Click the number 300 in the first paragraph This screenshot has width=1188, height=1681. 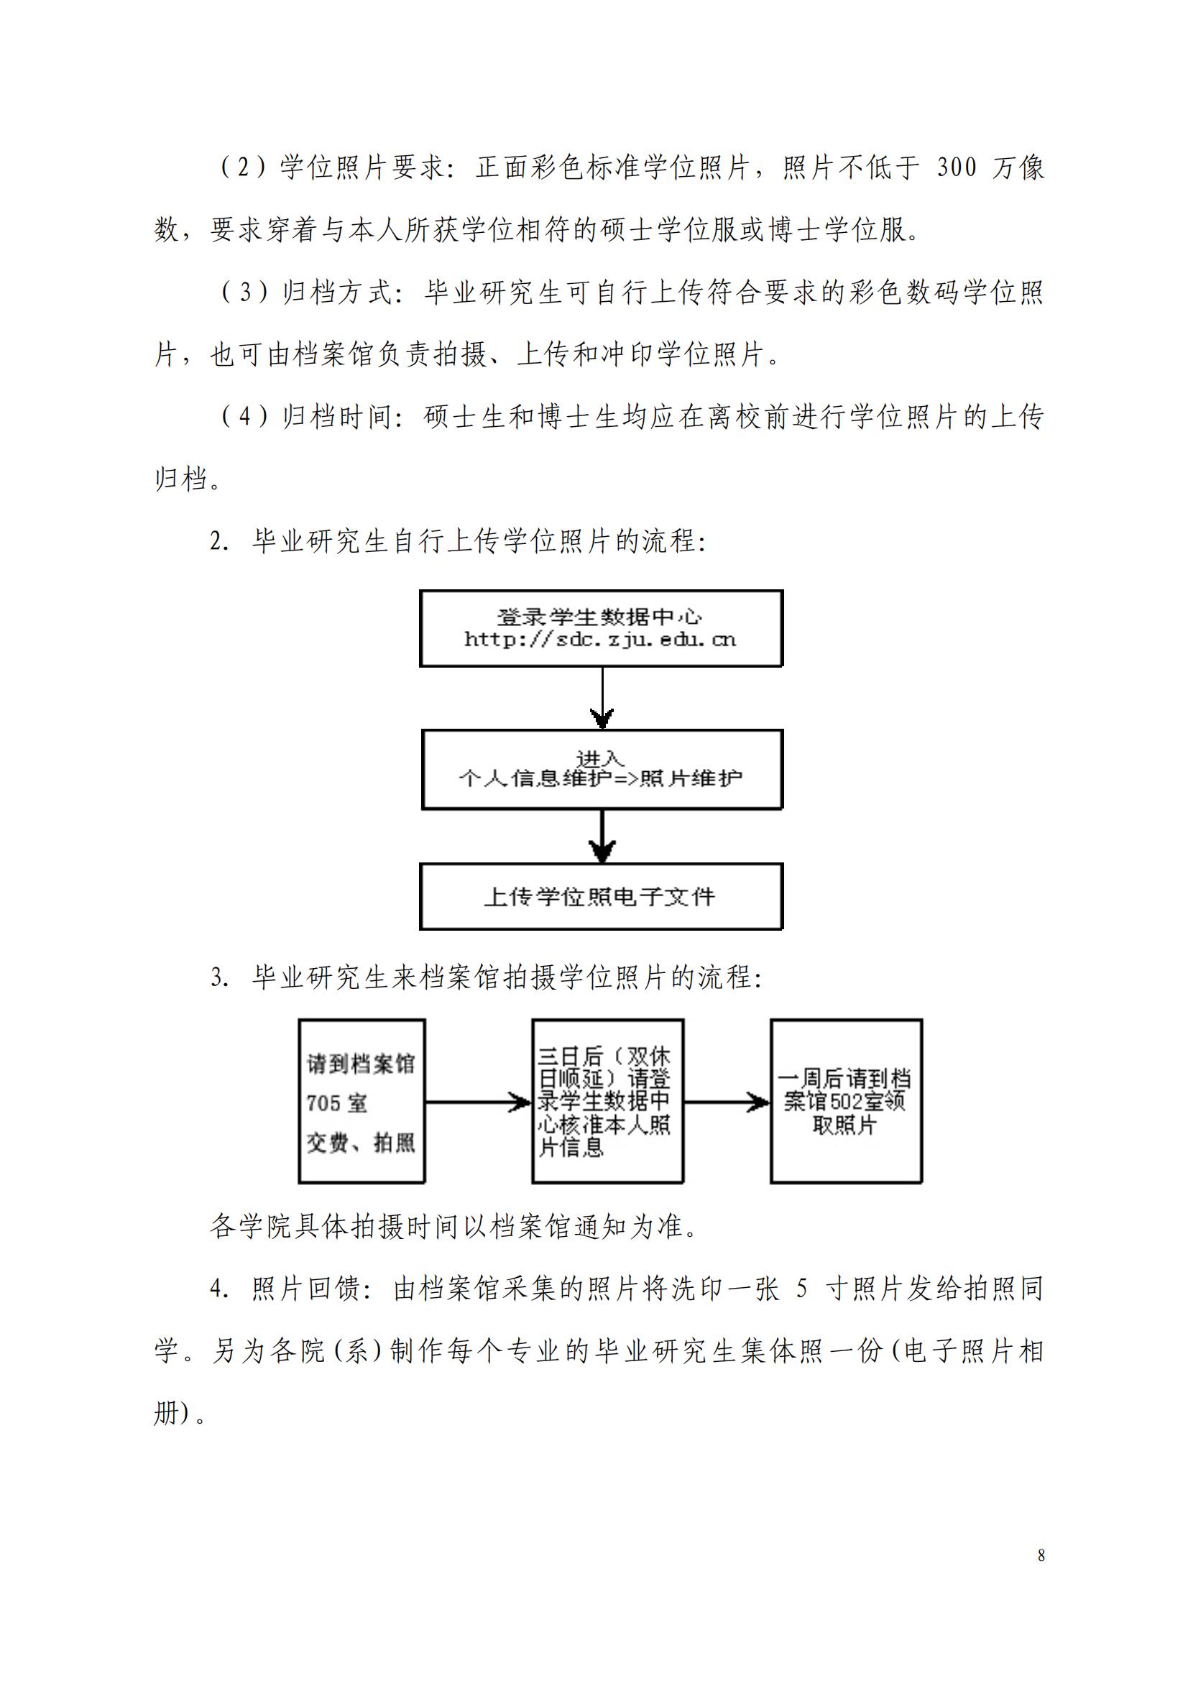click(957, 167)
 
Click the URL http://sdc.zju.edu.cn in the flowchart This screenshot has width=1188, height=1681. click(600, 639)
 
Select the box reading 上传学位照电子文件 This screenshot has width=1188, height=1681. click(601, 896)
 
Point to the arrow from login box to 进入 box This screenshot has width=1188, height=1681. click(602, 697)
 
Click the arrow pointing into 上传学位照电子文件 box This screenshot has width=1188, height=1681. click(602, 836)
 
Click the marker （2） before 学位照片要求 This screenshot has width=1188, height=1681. click(244, 167)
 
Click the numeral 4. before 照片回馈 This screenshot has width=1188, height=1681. click(221, 1289)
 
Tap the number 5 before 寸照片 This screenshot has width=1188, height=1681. click(801, 1289)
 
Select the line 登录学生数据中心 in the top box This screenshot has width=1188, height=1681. click(600, 617)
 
